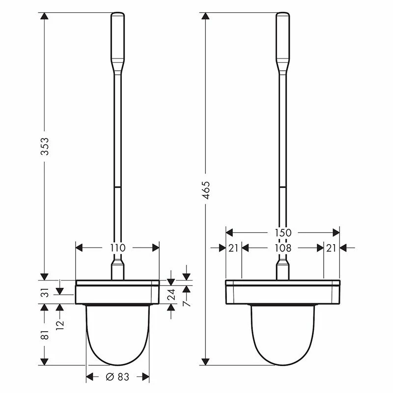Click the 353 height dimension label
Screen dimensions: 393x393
[x=45, y=146]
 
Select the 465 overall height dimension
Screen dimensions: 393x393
[x=206, y=190]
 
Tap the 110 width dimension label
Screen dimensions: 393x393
[x=117, y=248]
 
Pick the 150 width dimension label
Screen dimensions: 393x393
[x=283, y=232]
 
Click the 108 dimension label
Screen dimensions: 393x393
[x=283, y=248]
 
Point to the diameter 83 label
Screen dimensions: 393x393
[x=117, y=377]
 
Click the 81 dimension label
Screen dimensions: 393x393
[x=45, y=335]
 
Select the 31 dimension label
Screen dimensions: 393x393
[x=45, y=294]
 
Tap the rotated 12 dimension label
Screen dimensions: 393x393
[x=60, y=325]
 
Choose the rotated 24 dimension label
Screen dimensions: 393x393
[x=171, y=294]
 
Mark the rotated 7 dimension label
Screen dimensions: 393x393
[x=186, y=304]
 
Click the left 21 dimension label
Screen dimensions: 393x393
[x=233, y=248]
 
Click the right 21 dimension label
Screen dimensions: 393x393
[x=332, y=248]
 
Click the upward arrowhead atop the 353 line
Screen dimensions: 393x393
[x=45, y=17]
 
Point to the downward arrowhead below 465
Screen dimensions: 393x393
[x=206, y=362]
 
